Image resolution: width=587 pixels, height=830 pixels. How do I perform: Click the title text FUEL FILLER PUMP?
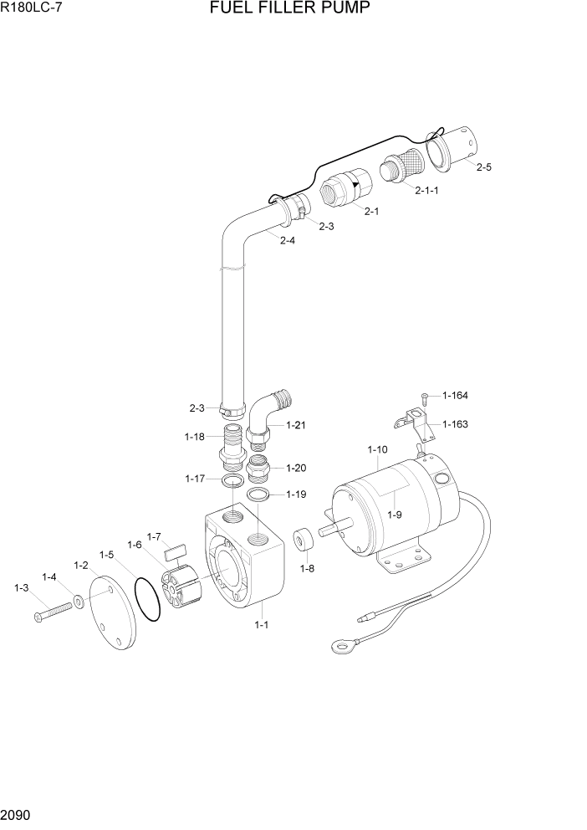pyautogui.click(x=290, y=9)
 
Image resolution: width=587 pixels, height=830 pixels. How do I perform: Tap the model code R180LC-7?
pyautogui.click(x=33, y=9)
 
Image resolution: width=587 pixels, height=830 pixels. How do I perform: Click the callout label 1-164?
pyautogui.click(x=455, y=396)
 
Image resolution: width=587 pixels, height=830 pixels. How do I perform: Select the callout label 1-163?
pyautogui.click(x=455, y=423)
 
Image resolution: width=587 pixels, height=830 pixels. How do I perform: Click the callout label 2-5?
pyautogui.click(x=483, y=167)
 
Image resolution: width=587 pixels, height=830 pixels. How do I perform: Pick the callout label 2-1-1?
pyautogui.click(x=426, y=190)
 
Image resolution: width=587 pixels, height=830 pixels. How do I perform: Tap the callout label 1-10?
pyautogui.click(x=377, y=449)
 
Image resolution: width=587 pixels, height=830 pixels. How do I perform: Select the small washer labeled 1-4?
pyautogui.click(x=77, y=600)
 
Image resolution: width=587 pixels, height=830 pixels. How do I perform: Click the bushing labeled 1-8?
pyautogui.click(x=303, y=539)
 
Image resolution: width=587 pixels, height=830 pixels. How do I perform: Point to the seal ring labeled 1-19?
pyautogui.click(x=260, y=495)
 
